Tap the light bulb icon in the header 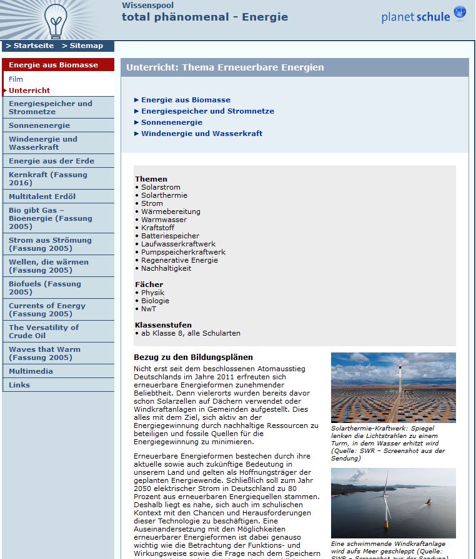tap(56, 17)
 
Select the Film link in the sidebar tap(16, 79)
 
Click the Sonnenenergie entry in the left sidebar tap(39, 125)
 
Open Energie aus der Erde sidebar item tap(51, 161)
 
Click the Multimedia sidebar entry tap(31, 371)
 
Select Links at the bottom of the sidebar tap(19, 385)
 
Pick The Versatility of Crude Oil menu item tap(44, 331)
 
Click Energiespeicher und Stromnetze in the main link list tap(207, 111)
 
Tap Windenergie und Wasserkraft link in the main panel tap(202, 134)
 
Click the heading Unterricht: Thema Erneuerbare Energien tap(225, 67)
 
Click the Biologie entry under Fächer tap(155, 301)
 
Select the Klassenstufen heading tap(163, 325)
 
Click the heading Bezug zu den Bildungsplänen tap(193, 357)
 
